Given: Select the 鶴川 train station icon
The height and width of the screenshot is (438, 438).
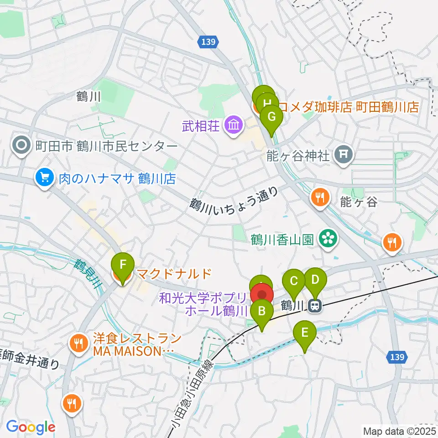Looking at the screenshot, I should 314,306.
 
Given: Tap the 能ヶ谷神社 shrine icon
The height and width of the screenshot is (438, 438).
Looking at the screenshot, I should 344,156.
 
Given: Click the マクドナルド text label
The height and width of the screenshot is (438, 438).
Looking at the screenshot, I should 174,274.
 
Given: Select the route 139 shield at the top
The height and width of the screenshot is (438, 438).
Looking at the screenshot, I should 208,42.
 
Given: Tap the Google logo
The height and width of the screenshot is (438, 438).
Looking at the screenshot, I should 31,427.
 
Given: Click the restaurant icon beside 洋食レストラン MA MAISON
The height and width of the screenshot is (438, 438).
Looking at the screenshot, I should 79,342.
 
